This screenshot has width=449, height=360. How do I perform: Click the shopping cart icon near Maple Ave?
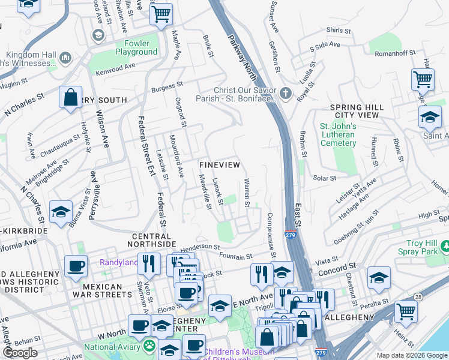point(161,14)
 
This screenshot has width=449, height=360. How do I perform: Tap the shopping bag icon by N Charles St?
point(70,97)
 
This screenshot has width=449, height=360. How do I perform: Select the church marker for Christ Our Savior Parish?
point(286,94)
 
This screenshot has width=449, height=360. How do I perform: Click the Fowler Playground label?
point(132,47)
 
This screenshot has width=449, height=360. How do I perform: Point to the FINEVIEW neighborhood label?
point(220,164)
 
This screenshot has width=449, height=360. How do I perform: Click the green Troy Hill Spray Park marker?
point(445,246)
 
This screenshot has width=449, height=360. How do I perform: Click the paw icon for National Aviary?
point(148,346)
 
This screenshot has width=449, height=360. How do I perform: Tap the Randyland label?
point(118,262)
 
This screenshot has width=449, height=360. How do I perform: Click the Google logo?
point(20,353)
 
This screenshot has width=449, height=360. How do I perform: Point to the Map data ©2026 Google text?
point(411,355)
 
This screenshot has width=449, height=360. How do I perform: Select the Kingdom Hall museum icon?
point(65,58)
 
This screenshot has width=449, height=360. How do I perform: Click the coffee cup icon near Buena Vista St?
point(76,267)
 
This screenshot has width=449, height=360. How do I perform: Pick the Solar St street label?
point(325,178)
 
